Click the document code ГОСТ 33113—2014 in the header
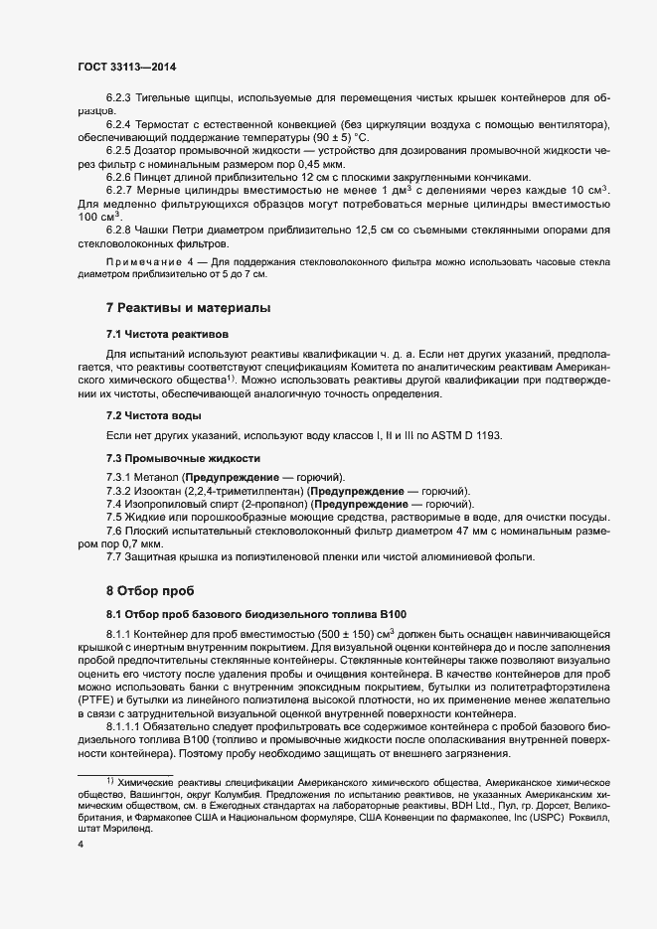(x=127, y=68)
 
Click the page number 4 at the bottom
(x=81, y=845)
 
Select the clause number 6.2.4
(x=120, y=124)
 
